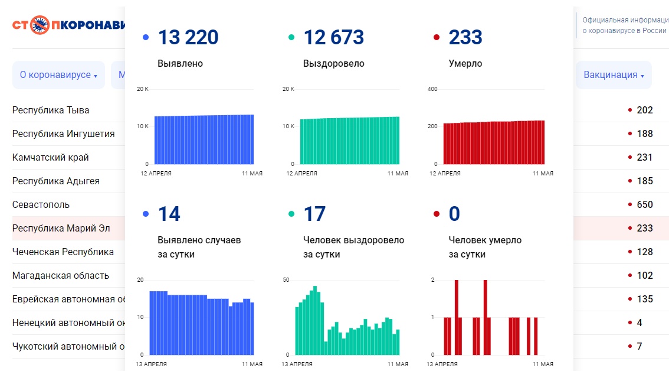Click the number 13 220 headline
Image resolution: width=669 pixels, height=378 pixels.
tap(188, 38)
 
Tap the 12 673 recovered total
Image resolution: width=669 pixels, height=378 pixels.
tap(333, 38)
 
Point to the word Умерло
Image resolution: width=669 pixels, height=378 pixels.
tap(465, 63)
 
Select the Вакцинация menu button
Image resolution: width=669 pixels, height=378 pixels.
tap(614, 75)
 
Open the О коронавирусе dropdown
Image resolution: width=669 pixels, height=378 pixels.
tap(58, 75)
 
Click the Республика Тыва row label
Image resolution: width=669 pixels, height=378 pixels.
tap(51, 110)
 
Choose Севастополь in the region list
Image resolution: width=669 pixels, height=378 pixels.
tap(41, 204)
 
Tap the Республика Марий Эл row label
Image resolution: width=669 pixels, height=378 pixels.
tap(61, 228)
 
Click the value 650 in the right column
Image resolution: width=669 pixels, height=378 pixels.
tap(645, 204)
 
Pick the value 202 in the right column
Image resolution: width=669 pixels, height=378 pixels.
tap(645, 110)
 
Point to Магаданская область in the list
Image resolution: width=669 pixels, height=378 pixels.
tap(60, 275)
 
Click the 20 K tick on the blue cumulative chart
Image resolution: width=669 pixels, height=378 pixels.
tap(142, 89)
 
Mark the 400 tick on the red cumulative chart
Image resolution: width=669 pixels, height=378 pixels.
tap(432, 89)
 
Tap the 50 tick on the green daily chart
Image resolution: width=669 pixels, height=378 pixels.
tap(286, 279)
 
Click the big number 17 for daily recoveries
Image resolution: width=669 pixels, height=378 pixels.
tap(314, 214)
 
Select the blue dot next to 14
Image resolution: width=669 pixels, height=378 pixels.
tap(146, 214)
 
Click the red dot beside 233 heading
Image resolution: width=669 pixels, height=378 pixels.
tap(437, 38)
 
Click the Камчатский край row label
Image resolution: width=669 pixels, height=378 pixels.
tap(50, 157)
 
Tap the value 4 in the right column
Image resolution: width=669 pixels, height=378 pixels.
tap(640, 322)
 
